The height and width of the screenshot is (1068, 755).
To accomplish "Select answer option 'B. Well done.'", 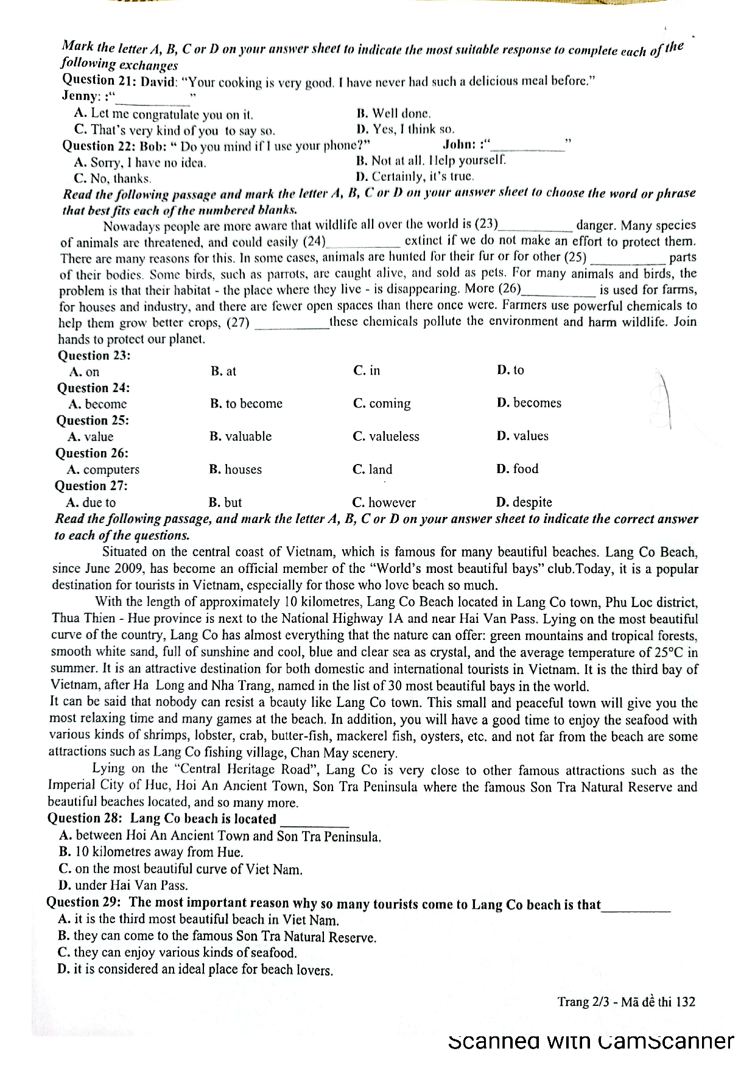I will (x=393, y=113).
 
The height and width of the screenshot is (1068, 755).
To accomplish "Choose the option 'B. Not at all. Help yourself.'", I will (x=430, y=161).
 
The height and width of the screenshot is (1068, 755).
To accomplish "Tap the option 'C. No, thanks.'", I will (x=112, y=178).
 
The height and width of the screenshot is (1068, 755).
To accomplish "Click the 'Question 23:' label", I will (x=94, y=356).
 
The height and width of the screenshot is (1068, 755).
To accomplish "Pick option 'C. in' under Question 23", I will (x=366, y=370).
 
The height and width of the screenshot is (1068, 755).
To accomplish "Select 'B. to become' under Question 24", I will (x=246, y=403).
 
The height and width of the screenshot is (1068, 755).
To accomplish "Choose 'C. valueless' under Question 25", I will (x=385, y=436).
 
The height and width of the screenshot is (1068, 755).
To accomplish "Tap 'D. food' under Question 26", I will (x=517, y=468).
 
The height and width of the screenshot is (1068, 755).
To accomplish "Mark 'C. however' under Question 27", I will (x=384, y=502).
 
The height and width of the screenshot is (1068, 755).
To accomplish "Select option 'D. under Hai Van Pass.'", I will (x=123, y=885).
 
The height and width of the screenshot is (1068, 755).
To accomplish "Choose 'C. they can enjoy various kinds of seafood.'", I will (x=177, y=952).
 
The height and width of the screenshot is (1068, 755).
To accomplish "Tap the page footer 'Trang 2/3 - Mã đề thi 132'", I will (x=626, y=1002).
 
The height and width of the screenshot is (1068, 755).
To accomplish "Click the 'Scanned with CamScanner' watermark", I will (x=591, y=1041).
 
